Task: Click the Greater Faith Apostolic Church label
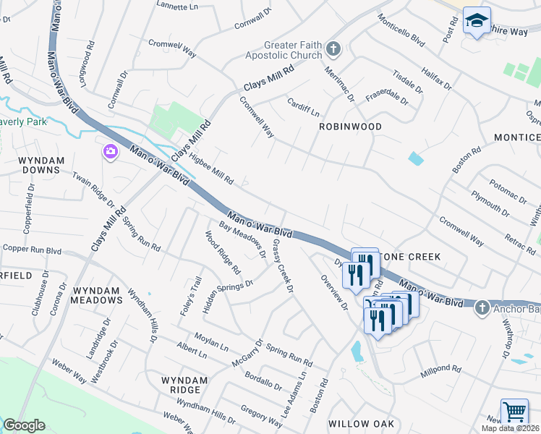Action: (292, 50)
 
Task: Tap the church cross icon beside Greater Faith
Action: (333, 49)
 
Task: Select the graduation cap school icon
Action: (477, 22)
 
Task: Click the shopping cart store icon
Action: (514, 413)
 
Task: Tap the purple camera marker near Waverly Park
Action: (110, 152)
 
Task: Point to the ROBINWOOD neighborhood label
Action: (351, 126)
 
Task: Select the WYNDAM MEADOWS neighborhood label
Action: (97, 294)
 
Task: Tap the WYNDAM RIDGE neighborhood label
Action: (184, 385)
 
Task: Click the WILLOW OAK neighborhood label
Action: (360, 423)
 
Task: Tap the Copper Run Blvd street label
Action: (32, 249)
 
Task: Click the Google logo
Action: (24, 426)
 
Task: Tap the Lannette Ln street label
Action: (178, 4)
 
